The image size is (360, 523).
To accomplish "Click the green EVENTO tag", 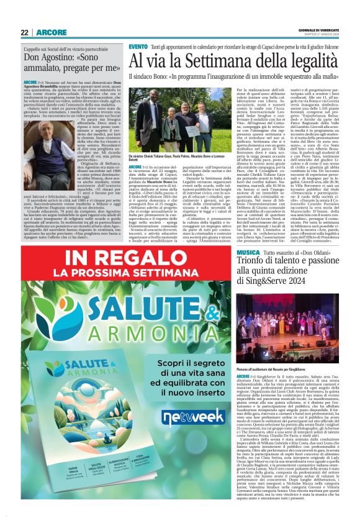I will point(138,47).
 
